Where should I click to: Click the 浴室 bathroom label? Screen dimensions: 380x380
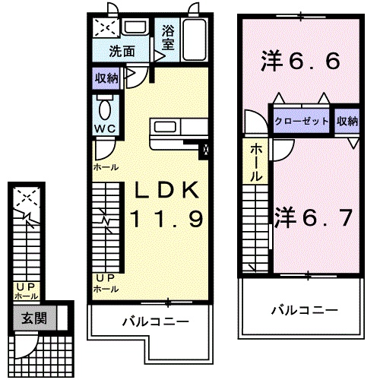tap(168, 40)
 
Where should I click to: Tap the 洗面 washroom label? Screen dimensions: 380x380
tap(122, 53)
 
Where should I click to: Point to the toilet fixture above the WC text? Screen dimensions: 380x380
tap(106, 106)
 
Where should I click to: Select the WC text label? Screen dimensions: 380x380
tap(105, 128)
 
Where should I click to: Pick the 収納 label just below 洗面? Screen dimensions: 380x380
tap(106, 77)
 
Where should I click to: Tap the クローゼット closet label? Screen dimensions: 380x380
tap(302, 122)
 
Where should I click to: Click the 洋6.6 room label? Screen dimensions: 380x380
tap(299, 61)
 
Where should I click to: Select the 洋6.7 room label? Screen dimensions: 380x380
tap(312, 218)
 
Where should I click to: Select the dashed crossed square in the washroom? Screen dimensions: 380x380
tap(103, 27)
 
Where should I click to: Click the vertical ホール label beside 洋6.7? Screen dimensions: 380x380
tap(257, 161)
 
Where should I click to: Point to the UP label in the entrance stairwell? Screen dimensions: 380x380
tap(22, 287)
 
